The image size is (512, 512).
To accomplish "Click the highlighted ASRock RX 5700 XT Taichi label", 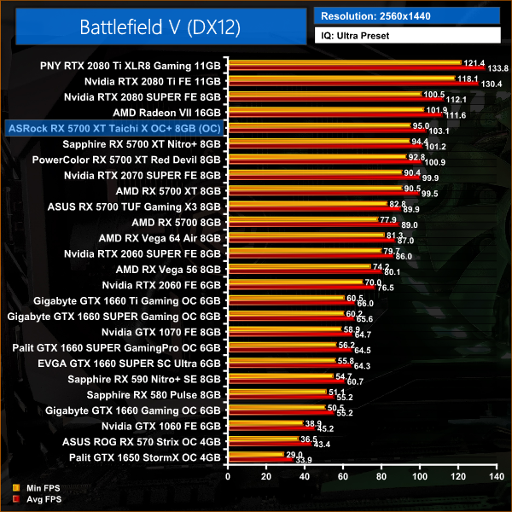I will click(113, 127).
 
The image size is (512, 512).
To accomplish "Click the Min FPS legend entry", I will click(38, 489).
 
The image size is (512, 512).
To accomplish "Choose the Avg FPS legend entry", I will click(38, 498).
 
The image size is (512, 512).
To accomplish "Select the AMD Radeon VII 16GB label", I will click(166, 112).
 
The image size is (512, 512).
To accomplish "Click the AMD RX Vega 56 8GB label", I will click(168, 269).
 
